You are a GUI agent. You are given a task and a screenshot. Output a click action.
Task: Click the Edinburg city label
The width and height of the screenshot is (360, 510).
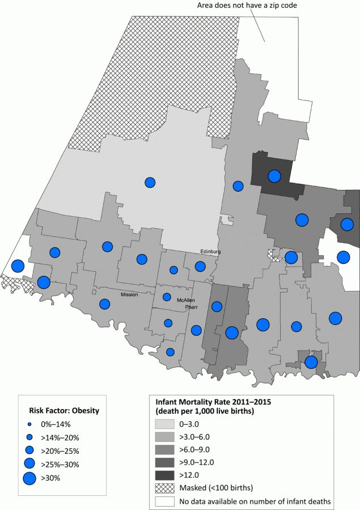211,251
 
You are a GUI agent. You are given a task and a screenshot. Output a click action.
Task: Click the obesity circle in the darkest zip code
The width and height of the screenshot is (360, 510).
274,176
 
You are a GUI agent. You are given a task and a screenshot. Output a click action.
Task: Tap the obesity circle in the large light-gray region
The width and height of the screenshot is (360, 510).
150,182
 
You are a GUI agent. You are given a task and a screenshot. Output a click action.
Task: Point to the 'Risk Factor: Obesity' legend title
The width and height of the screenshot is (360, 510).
60,410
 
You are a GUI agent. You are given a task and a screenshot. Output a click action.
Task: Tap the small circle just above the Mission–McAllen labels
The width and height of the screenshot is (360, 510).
173,270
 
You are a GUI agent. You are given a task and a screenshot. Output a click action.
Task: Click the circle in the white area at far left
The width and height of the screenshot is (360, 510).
18,266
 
